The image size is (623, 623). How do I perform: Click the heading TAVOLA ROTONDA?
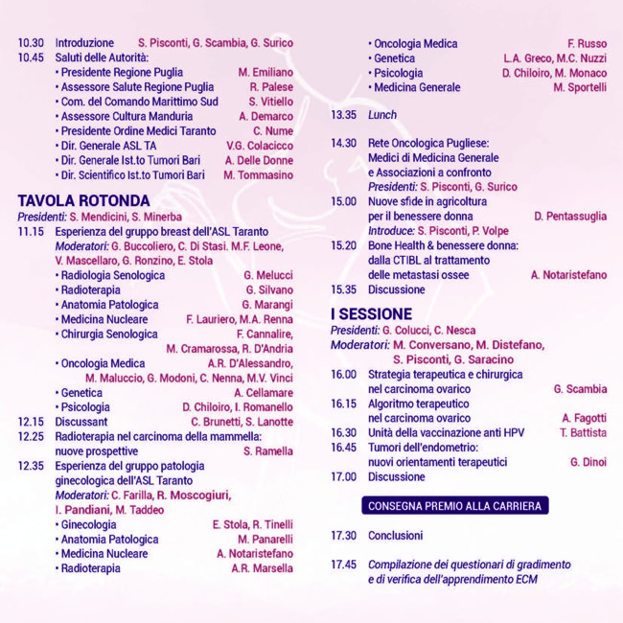(84, 201)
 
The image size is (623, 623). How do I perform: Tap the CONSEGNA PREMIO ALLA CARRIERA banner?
(454, 505)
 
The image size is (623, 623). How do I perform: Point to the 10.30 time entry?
(31, 43)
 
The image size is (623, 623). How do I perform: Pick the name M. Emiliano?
(265, 72)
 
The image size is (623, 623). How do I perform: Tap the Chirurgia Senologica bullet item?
(109, 335)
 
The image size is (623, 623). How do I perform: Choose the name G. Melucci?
(268, 275)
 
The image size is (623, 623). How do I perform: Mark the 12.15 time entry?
(31, 422)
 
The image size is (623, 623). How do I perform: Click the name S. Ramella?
(268, 450)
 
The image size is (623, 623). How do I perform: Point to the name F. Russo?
(587, 43)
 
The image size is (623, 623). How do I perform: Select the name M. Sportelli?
(579, 87)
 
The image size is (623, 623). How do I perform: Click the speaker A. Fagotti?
(584, 418)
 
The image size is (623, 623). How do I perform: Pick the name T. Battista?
(583, 432)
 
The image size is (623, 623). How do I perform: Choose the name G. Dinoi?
(588, 462)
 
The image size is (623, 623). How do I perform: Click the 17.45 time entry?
(344, 565)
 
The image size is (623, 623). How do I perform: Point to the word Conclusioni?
(395, 536)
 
